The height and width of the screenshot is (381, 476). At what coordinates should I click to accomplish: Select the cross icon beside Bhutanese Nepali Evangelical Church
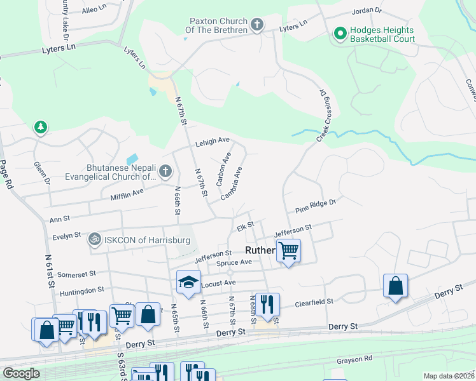(x=165, y=171)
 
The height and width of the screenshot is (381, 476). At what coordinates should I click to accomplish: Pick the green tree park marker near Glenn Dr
(x=41, y=128)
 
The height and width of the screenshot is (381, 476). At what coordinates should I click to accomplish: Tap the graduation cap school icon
(x=188, y=283)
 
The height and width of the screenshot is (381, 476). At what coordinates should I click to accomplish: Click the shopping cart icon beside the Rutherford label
(x=288, y=251)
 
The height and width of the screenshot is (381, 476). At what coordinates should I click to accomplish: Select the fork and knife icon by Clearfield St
(x=267, y=304)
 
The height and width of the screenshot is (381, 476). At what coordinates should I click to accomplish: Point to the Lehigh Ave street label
(x=212, y=144)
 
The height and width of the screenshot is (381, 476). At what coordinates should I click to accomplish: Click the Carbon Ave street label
(x=223, y=169)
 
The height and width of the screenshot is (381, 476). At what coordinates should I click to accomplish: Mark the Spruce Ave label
(x=235, y=262)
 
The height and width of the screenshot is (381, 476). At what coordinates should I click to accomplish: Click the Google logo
(x=21, y=373)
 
